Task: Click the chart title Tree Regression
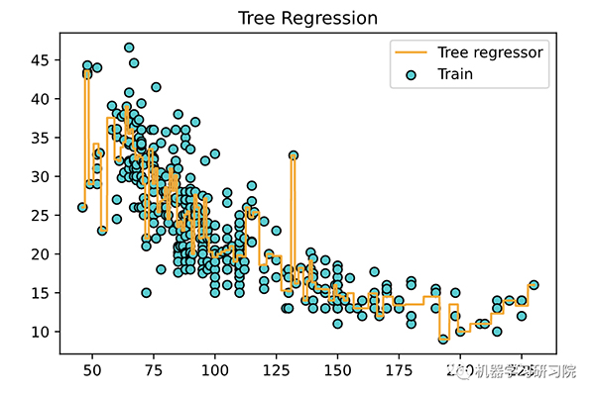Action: point(307,19)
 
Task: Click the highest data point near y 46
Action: point(129,48)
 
